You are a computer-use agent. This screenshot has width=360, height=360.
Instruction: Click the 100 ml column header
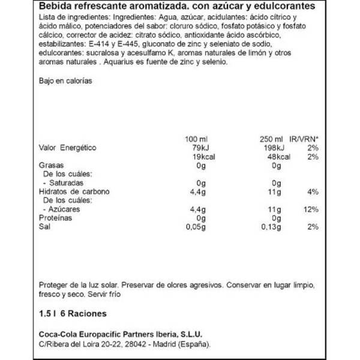tap(196, 139)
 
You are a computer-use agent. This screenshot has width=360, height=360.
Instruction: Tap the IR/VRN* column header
tap(304, 139)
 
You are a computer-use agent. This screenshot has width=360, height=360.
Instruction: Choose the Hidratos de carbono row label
tap(71, 191)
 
